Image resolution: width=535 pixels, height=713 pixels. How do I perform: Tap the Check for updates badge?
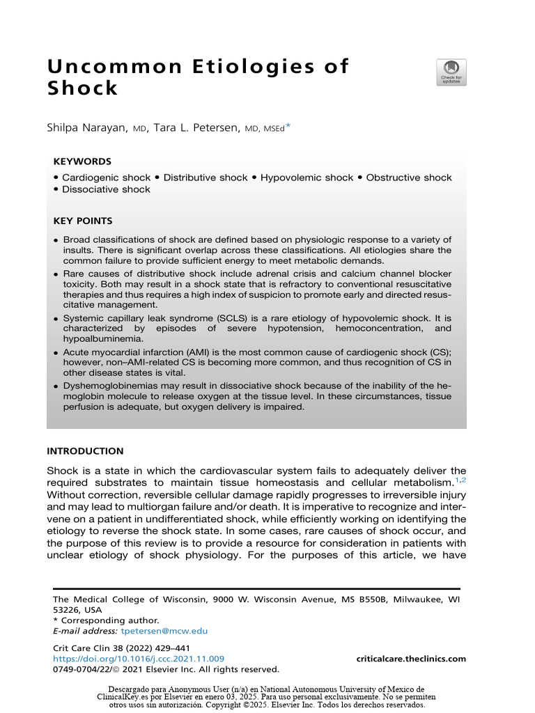[x=451, y=72]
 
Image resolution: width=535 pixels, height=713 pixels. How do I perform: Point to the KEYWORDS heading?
[x=82, y=161]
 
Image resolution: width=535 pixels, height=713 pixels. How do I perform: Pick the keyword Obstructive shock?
[x=408, y=178]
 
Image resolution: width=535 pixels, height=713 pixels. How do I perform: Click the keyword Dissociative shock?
[x=106, y=189]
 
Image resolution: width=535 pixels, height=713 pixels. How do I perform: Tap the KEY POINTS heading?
[x=83, y=221]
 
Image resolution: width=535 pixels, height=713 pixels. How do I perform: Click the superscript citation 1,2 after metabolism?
[x=460, y=480]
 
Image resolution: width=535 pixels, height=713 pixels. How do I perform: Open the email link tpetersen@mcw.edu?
[x=164, y=631]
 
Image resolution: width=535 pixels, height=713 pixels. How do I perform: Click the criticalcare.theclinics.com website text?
[x=411, y=659]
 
